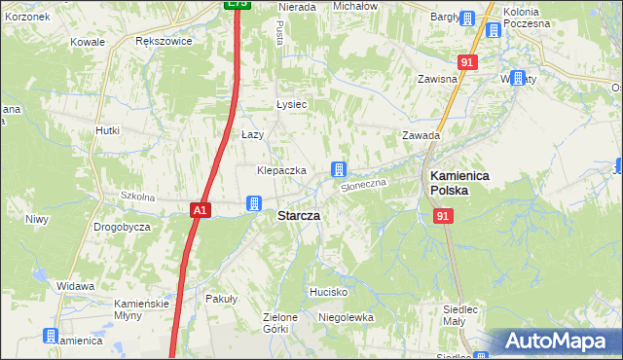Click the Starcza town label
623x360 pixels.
point(300,215)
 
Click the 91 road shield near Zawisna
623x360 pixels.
point(468,62)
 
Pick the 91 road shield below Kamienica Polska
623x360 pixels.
point(444,217)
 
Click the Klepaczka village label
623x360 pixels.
point(281,170)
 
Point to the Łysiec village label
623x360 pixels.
point(291,105)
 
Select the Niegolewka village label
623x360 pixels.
point(347,317)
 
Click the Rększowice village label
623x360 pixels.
point(164,42)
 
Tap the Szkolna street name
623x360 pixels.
point(138,197)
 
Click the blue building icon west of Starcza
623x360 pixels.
point(253,203)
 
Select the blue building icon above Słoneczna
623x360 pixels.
point(339,168)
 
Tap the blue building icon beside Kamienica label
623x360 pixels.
point(51,337)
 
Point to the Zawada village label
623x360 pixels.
point(421,136)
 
